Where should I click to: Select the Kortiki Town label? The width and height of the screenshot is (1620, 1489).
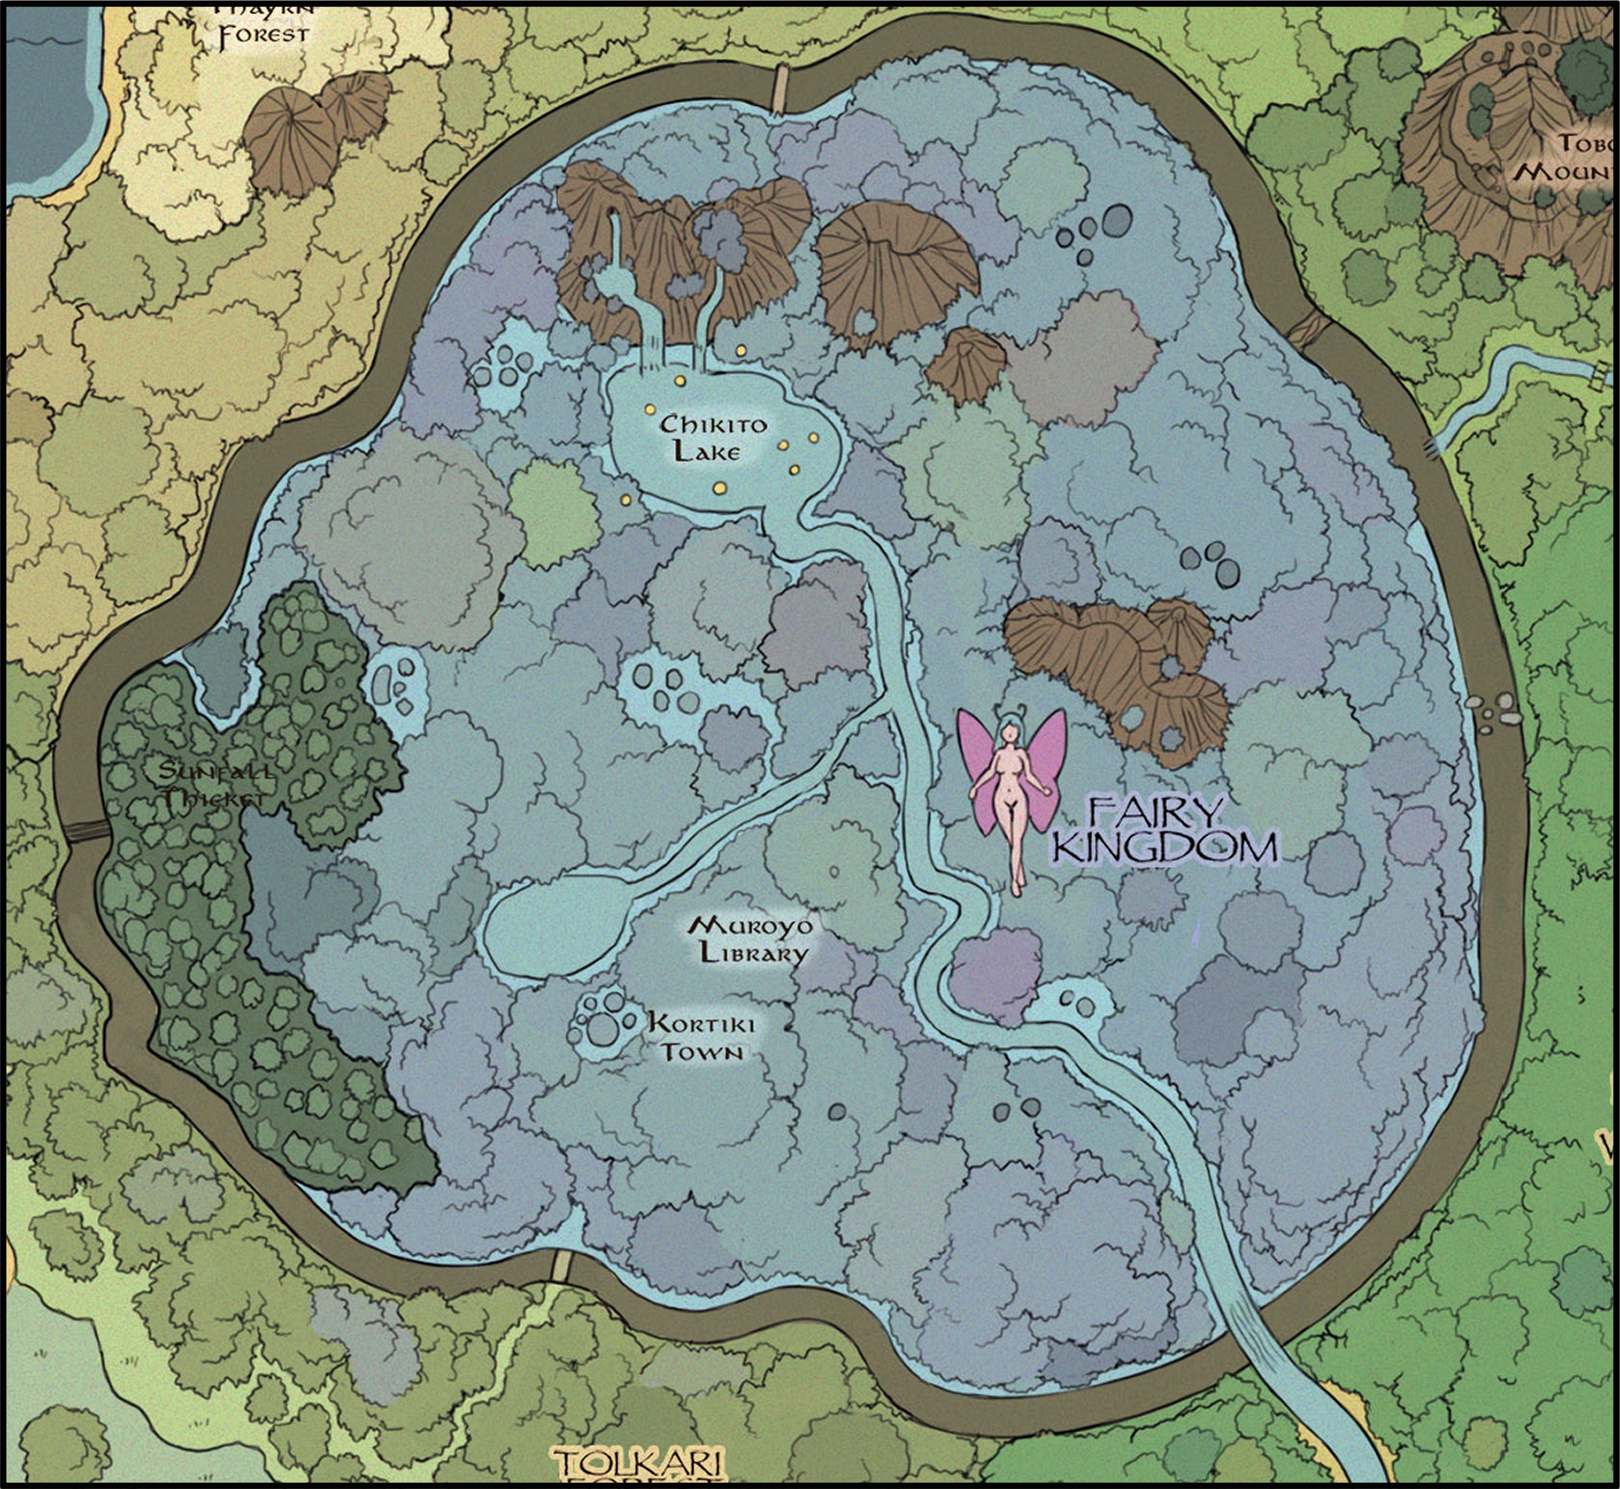pos(701,1038)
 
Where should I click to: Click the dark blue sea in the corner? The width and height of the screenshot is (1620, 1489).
pos(45,97)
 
